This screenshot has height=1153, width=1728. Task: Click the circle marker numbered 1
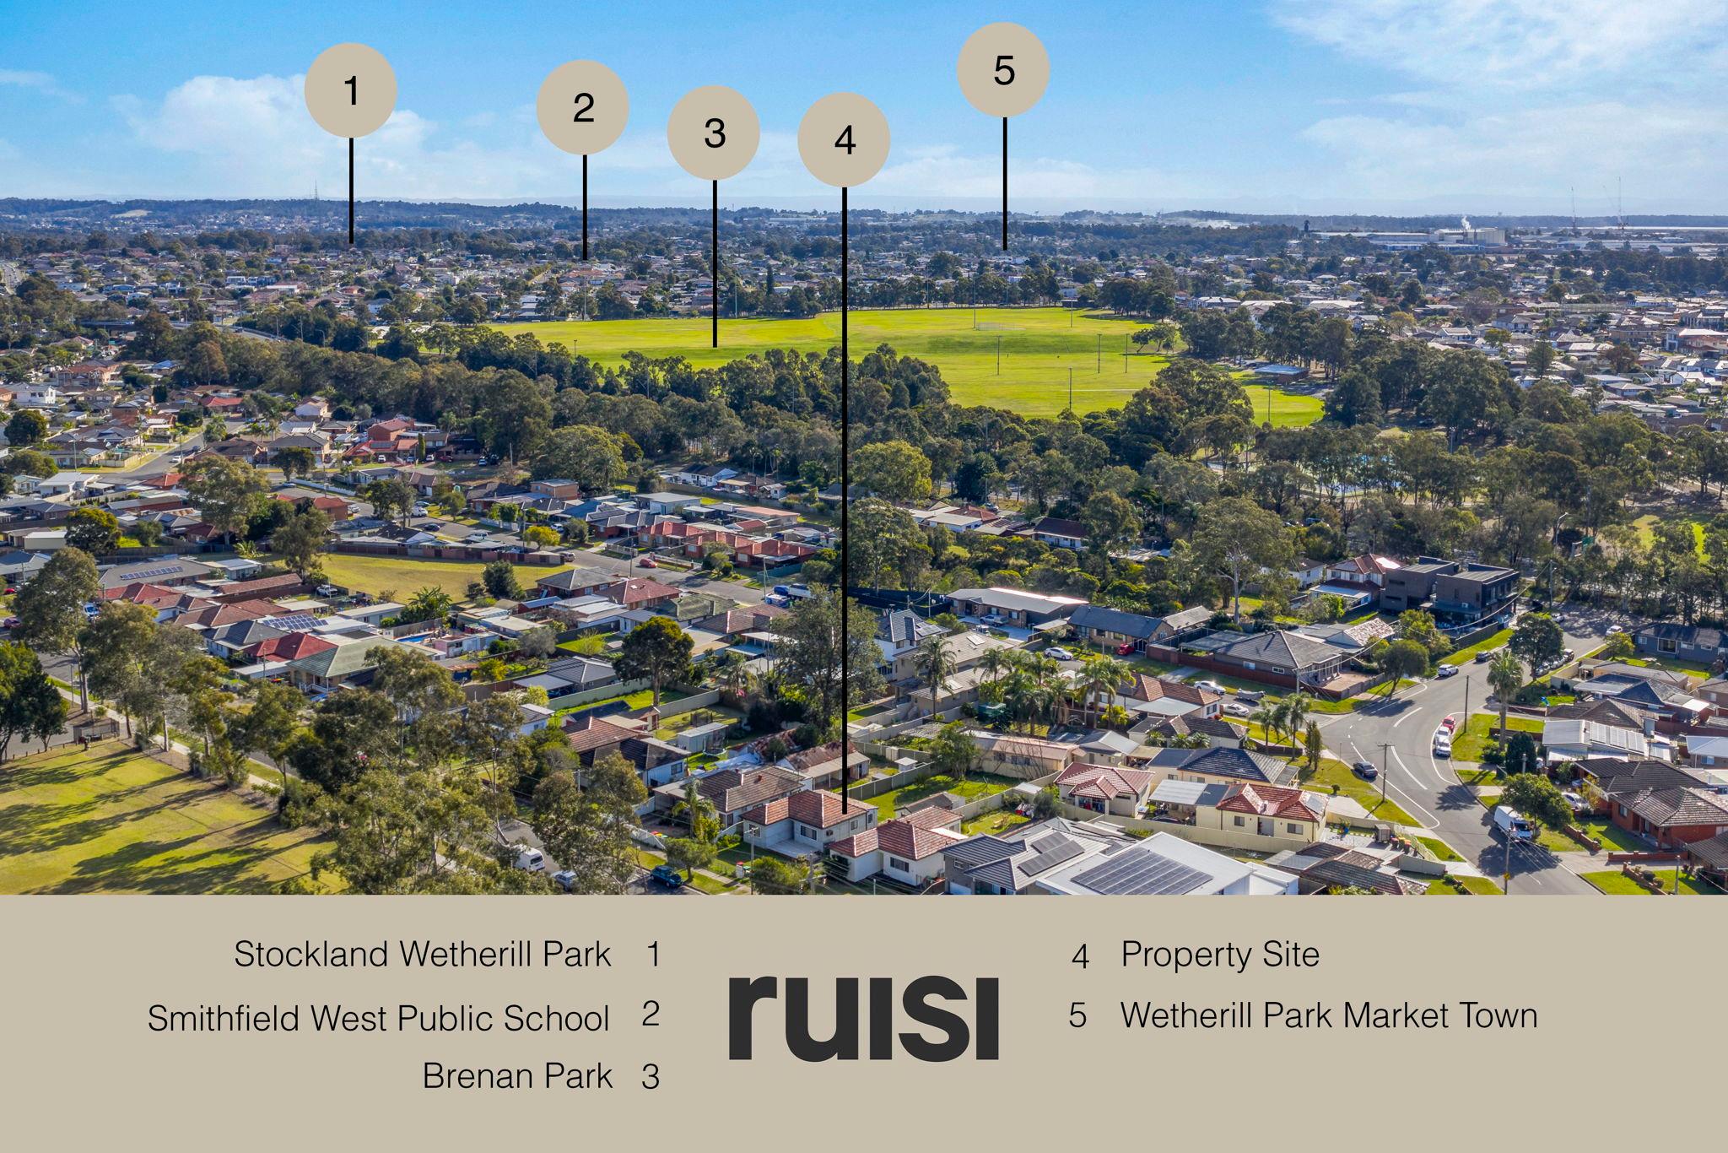[350, 90]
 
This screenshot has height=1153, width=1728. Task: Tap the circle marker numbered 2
[583, 107]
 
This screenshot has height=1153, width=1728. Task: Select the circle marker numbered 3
[714, 133]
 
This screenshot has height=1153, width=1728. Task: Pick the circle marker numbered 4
[844, 140]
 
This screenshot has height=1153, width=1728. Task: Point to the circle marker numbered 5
[1003, 69]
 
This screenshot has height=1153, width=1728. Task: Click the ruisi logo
[863, 1017]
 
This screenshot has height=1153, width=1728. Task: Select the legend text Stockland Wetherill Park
[422, 954]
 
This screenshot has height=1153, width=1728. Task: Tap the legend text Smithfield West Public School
[378, 1018]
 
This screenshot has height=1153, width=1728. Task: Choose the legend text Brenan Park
[517, 1075]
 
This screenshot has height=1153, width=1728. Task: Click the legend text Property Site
[1220, 955]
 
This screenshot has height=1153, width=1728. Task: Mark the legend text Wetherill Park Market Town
[1329, 1015]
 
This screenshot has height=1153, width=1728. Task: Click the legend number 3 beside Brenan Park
[650, 1077]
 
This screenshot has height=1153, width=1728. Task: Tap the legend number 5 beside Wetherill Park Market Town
[1077, 1015]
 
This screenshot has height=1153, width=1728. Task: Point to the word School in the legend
[556, 1018]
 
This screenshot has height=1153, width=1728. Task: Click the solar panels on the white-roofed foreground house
[1140, 869]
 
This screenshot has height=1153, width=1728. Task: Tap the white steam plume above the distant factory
[1465, 222]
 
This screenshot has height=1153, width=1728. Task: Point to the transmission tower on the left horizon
[316, 190]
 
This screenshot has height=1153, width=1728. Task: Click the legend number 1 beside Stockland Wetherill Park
[652, 954]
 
